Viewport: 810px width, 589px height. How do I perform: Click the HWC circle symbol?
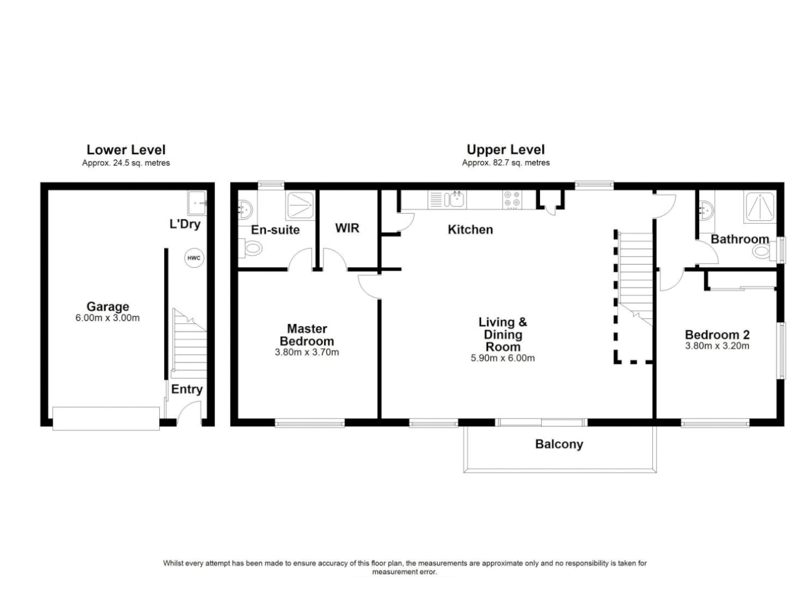(x=194, y=258)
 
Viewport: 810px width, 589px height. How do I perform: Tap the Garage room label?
(x=107, y=306)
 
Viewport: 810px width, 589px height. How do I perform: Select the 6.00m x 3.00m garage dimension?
(x=107, y=318)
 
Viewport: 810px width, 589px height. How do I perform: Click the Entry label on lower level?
(x=187, y=389)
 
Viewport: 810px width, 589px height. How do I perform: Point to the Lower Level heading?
(x=126, y=149)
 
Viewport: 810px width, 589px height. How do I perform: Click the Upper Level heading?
(x=505, y=149)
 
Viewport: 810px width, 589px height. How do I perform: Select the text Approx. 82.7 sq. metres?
(x=505, y=163)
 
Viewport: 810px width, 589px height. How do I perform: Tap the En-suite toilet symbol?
(x=251, y=249)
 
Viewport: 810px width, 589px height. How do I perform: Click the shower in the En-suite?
(x=299, y=206)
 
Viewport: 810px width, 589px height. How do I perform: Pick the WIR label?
(x=347, y=227)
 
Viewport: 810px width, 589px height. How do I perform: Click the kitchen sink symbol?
(x=454, y=199)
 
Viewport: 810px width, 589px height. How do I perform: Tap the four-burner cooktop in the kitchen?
(x=512, y=199)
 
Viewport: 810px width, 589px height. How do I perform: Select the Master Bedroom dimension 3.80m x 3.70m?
(x=307, y=352)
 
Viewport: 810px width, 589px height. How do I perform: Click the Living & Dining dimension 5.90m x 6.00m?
(x=502, y=358)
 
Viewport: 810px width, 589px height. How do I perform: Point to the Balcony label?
(x=559, y=444)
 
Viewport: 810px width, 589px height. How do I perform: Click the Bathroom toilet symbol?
(x=761, y=251)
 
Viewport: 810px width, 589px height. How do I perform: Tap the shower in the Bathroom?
(x=760, y=206)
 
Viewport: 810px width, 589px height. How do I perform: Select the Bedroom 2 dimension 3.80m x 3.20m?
(x=717, y=346)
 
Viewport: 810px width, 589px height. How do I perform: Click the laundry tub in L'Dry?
(x=197, y=203)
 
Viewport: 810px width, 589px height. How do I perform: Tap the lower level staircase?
(x=189, y=344)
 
